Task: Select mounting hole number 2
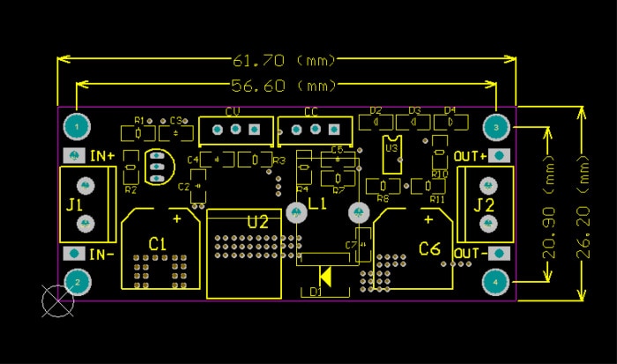[x=78, y=282]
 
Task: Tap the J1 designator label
[x=75, y=204]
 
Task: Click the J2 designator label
[x=484, y=204]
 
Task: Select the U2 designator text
[x=257, y=222]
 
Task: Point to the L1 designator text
[x=317, y=204]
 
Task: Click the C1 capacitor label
[x=157, y=242]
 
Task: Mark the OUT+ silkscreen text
[x=471, y=156]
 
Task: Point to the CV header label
[x=233, y=112]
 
